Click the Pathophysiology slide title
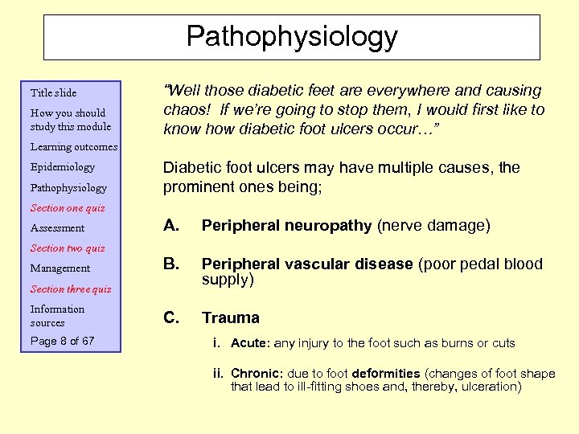(x=292, y=36)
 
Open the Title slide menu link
(x=53, y=92)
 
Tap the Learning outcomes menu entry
(x=74, y=147)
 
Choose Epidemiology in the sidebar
(x=63, y=167)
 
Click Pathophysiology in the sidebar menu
(x=68, y=188)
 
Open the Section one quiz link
(x=68, y=208)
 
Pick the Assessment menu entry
(x=57, y=228)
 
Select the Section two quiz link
(x=68, y=248)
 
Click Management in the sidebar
(x=60, y=268)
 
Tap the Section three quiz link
(x=71, y=289)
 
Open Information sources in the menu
(x=57, y=316)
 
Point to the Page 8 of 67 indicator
(x=63, y=341)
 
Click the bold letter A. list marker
(x=171, y=226)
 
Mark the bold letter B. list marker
(x=171, y=264)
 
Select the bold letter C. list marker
(x=171, y=317)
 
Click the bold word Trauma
(x=231, y=317)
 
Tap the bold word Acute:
(x=251, y=343)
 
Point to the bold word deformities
(x=386, y=373)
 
